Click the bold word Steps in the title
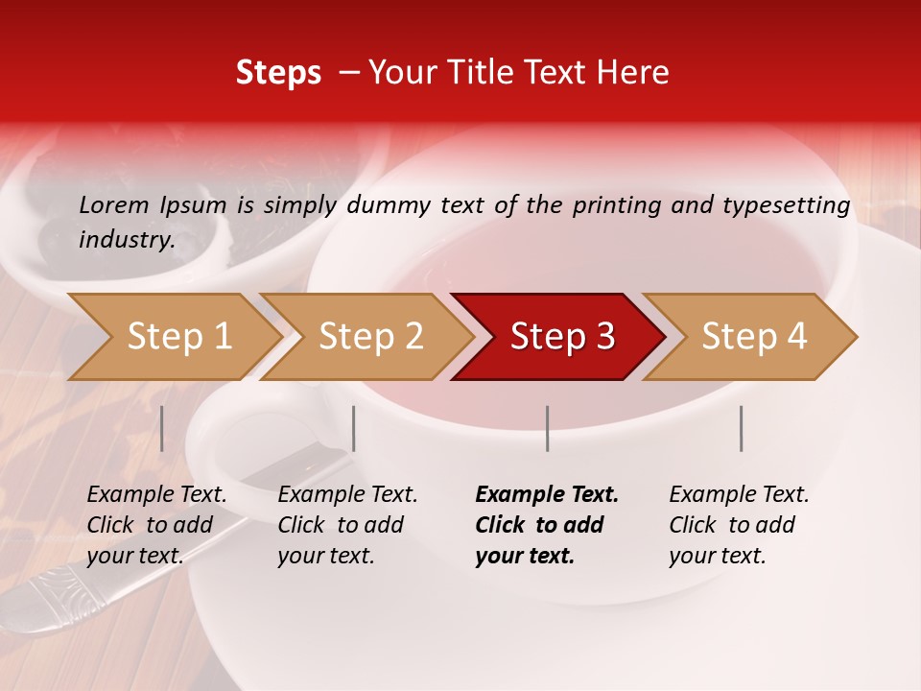278,73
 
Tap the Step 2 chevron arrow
370,337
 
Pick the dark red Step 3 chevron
562,337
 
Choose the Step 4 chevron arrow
754,337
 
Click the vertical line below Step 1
162,428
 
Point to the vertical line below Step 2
354,428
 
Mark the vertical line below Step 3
548,428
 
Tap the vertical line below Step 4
742,428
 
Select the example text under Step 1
156,525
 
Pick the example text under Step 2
347,525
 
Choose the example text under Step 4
739,525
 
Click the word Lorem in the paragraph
114,204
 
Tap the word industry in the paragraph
126,239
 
